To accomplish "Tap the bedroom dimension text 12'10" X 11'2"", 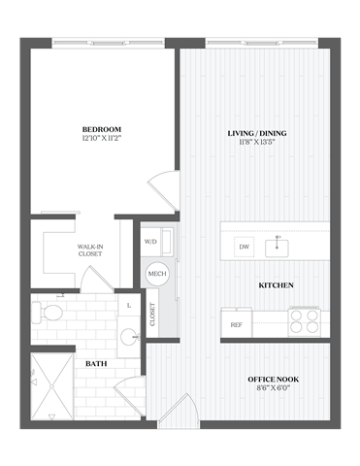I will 100,139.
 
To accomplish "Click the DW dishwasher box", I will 244,247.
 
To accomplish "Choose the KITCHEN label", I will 277,285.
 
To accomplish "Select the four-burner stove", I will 305,319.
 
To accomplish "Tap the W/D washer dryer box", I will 152,242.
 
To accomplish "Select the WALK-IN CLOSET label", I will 92,252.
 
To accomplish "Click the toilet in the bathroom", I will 49,312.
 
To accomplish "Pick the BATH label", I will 96,364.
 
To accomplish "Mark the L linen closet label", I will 129,306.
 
